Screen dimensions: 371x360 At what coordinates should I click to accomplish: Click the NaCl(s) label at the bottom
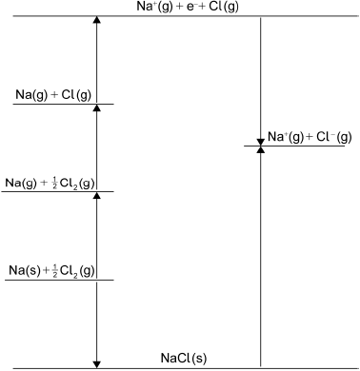(x=184, y=358)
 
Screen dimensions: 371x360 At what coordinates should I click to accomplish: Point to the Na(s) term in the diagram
(x=25, y=271)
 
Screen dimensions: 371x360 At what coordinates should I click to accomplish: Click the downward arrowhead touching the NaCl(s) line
(x=96, y=362)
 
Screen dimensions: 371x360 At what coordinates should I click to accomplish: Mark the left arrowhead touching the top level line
(x=96, y=22)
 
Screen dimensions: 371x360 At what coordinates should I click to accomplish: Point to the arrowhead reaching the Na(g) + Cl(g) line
(x=96, y=109)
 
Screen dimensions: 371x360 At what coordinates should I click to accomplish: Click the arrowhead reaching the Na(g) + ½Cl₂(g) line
(x=96, y=197)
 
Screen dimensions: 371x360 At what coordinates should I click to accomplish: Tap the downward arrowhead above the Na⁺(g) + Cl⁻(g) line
(x=260, y=141)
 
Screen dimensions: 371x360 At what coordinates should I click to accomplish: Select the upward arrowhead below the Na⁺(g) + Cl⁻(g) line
(x=260, y=151)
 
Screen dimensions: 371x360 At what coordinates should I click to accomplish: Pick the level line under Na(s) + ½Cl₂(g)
(x=57, y=280)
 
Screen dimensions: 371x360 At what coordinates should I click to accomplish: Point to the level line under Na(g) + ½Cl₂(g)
(x=57, y=192)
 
